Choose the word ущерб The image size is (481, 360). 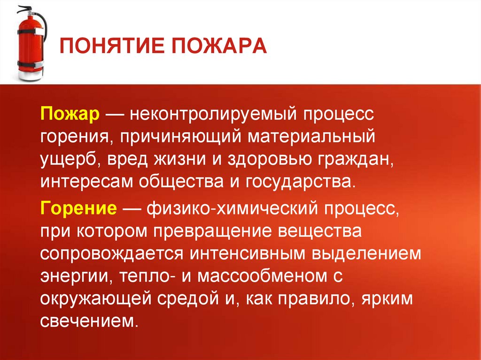[x=68, y=159]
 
